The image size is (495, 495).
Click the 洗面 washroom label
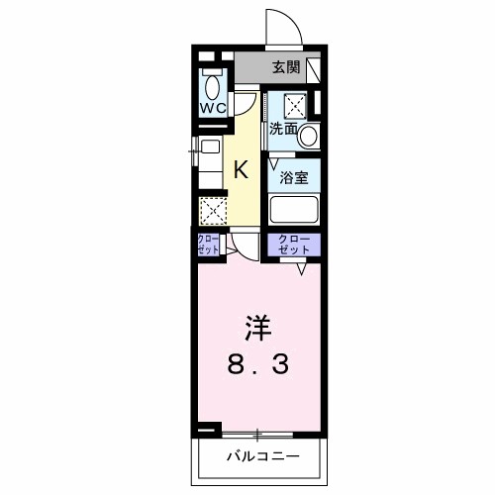284,128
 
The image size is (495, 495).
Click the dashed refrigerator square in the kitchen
212,211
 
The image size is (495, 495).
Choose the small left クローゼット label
209,245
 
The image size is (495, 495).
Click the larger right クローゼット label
293,244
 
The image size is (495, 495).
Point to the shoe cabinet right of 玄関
314,69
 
